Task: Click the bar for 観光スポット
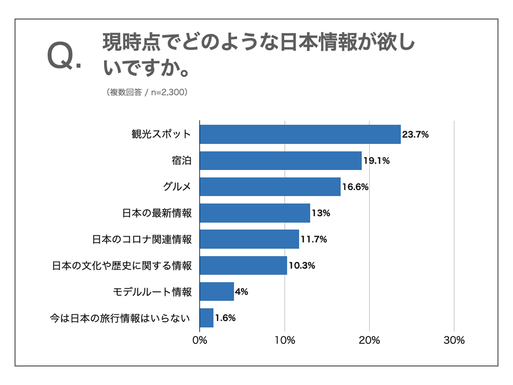point(300,134)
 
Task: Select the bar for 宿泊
point(280,161)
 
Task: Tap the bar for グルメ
point(270,187)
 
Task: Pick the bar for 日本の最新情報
point(255,213)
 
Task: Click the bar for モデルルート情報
point(217,292)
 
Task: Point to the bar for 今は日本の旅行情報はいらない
point(206,318)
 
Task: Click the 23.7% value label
point(415,135)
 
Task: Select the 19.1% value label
point(376,161)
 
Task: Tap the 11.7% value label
point(313,240)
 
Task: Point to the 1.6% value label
point(225,318)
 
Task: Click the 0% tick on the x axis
point(200,341)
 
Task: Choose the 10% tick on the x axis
point(285,341)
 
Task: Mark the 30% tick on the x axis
point(454,341)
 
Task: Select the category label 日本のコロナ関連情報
point(142,240)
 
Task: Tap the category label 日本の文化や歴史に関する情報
point(122,266)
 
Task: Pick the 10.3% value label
point(302,266)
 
